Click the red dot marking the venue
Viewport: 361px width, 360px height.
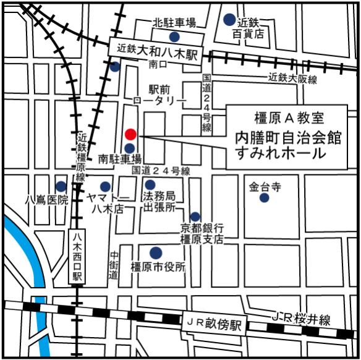[x=130, y=134]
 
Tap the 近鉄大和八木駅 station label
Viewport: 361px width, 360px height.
[x=152, y=49]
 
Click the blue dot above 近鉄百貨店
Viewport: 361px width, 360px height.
[x=229, y=19]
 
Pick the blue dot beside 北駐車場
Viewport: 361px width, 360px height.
[x=174, y=36]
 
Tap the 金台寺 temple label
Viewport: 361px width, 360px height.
[x=265, y=186]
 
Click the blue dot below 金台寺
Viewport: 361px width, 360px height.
[x=265, y=198]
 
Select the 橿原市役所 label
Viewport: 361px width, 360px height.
[x=158, y=267]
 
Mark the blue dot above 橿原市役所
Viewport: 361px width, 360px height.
[x=156, y=252]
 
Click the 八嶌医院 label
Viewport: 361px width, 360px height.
[x=43, y=200]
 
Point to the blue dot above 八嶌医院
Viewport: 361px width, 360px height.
[x=61, y=186]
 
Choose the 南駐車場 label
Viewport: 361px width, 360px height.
[x=121, y=159]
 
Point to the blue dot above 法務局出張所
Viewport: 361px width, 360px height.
[x=150, y=184]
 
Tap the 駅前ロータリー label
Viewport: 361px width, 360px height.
[x=160, y=95]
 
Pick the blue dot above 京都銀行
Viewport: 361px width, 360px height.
[x=195, y=216]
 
